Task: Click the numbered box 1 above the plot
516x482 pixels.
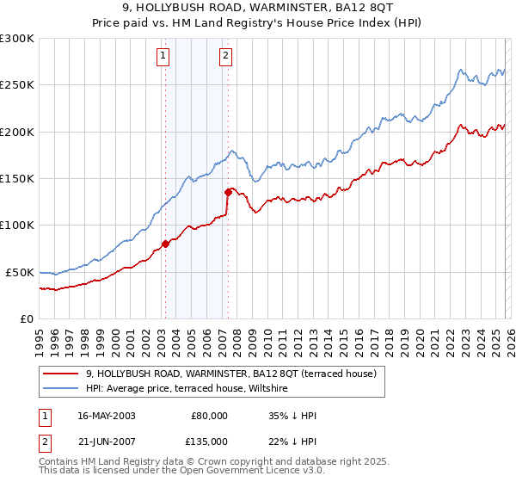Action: pyautogui.click(x=163, y=57)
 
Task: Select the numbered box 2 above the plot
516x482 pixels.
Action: pyautogui.click(x=225, y=57)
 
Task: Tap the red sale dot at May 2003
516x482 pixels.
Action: pyautogui.click(x=165, y=244)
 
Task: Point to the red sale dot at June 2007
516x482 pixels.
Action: pyautogui.click(x=228, y=193)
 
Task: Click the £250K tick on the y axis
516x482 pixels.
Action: pyautogui.click(x=17, y=85)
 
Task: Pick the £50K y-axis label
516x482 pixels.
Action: pyautogui.click(x=20, y=272)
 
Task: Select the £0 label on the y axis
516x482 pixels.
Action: pyautogui.click(x=26, y=318)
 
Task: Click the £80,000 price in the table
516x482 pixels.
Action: pyautogui.click(x=210, y=416)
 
